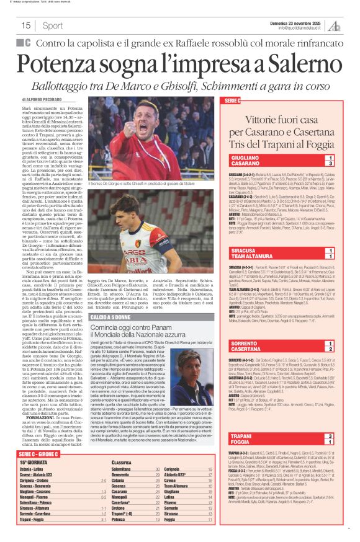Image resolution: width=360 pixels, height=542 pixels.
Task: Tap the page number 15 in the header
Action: click(x=26, y=25)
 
